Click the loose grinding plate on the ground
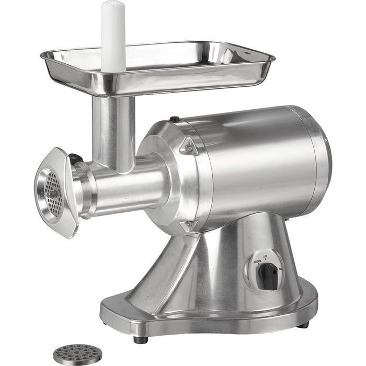(x=78, y=354)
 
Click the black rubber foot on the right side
(x=303, y=324)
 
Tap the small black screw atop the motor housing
(x=176, y=119)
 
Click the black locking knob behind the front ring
(x=77, y=158)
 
